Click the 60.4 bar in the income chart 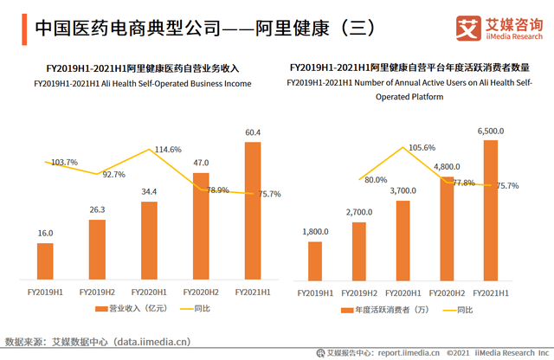[x=253, y=210]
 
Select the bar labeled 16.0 [x=45, y=260]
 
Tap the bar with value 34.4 [x=149, y=240]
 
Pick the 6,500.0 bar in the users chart [x=490, y=210]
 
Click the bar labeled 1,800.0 [x=315, y=260]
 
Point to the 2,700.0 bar [x=359, y=250]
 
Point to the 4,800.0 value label [x=447, y=165]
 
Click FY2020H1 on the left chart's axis [x=149, y=292]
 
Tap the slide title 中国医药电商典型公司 [x=147, y=27]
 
